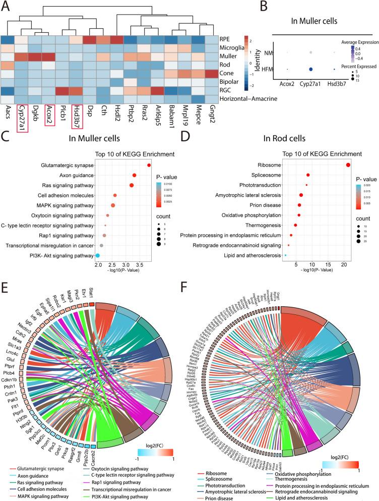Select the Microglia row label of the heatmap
pos(234,49)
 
